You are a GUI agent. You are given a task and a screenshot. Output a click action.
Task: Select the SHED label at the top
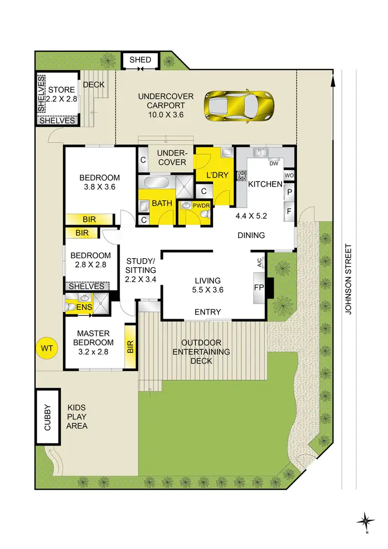140,60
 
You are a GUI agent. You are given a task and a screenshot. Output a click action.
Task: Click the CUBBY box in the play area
47,417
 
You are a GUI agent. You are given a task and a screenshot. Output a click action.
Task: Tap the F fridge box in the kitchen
289,211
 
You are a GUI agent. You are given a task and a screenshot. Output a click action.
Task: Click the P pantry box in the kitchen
289,192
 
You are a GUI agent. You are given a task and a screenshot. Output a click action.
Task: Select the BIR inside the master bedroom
129,347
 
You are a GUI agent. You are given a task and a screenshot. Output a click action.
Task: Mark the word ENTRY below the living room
207,312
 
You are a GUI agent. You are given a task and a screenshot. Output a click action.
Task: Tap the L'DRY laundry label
217,175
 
